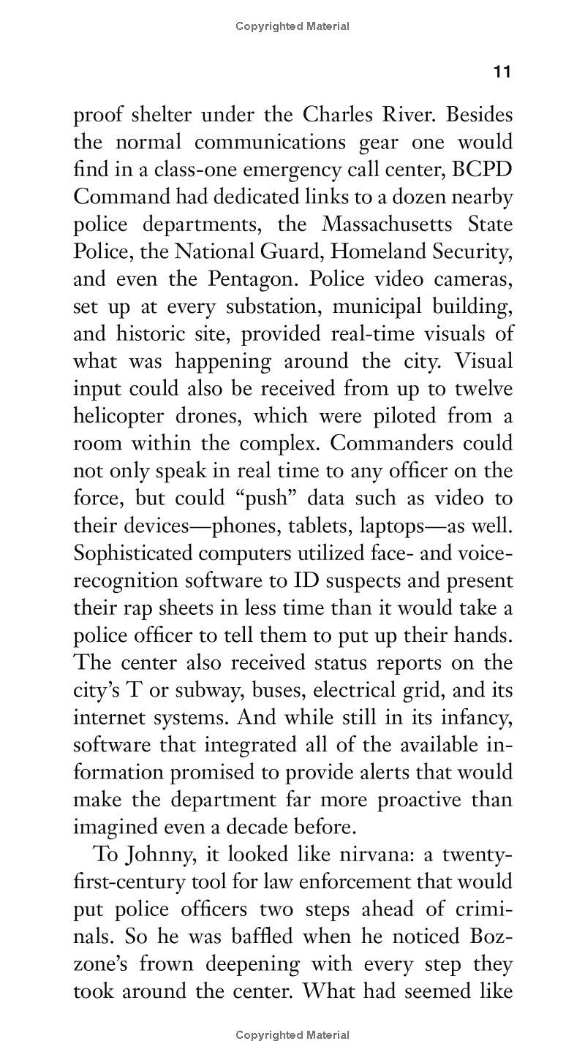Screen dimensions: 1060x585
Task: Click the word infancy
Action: click(x=476, y=718)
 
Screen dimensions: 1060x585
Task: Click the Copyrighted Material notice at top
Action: click(x=292, y=26)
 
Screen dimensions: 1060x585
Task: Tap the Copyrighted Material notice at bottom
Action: click(x=292, y=1035)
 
